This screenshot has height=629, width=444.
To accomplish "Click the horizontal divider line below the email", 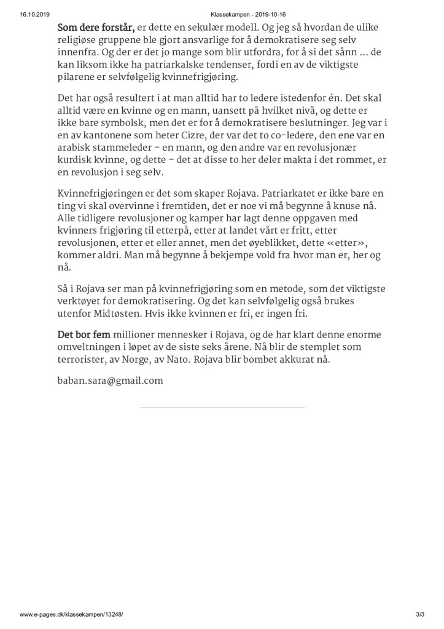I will (x=222, y=408).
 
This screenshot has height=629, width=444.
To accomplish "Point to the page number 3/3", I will (x=419, y=615).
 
